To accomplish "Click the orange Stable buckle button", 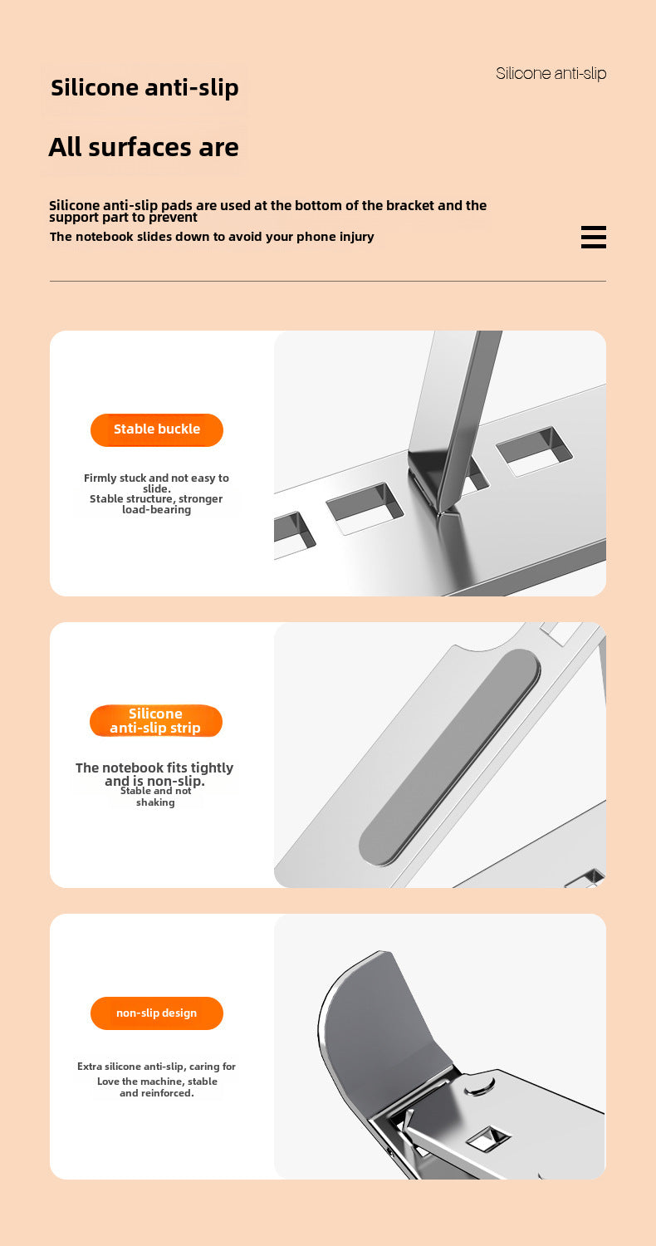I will pos(157,429).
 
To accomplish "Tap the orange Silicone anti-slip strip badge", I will pos(156,721).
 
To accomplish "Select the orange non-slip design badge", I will pos(157,1013).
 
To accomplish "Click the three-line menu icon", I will pos(593,238).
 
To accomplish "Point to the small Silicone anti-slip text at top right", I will pos(551,73).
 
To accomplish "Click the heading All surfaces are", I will pos(144,147).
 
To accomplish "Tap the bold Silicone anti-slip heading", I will pos(144,87).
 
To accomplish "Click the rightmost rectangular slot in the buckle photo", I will pos(534,451).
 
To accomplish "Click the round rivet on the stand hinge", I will pos(478,1084).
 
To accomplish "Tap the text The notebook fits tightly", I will pos(154,768).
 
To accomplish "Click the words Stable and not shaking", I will pos(155,797).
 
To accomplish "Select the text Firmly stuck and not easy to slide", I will pos(156,483).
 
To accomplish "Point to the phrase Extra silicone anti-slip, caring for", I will pos(156,1067).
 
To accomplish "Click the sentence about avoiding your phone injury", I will pos(212,237).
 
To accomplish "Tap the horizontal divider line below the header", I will pos(327,282).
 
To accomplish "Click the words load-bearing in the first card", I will pos(156,510).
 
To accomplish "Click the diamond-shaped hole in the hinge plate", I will pos(488,1136).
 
